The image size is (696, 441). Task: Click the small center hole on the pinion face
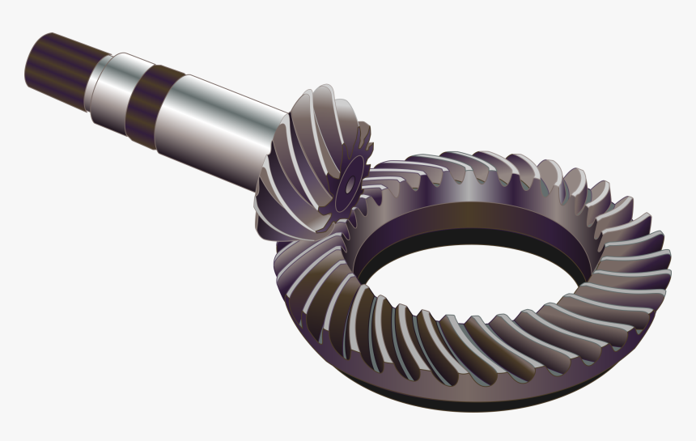[349, 185]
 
